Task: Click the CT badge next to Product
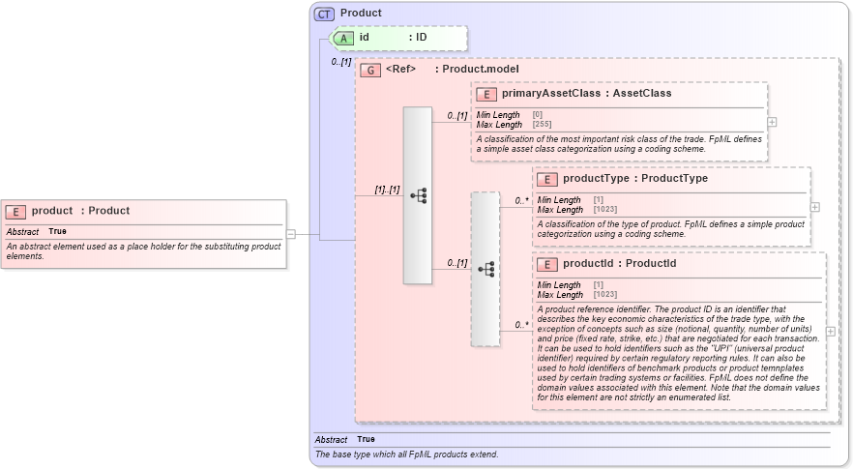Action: pos(325,14)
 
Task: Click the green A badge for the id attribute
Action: pos(344,38)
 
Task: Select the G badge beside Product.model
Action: pos(369,70)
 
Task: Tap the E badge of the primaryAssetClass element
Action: pos(485,94)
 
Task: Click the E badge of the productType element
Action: pos(546,179)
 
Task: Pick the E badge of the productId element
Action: pos(546,264)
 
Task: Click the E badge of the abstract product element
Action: pos(15,211)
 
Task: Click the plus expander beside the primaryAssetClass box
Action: pos(772,122)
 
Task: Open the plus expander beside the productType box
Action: pos(815,207)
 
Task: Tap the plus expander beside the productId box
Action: pos(830,331)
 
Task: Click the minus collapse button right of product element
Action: pos(291,233)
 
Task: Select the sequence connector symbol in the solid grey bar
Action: pos(418,195)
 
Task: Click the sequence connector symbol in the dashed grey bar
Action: pos(485,269)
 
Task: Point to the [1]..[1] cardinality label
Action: pos(387,190)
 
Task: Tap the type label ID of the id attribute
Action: pos(421,38)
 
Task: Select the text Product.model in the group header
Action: pos(481,70)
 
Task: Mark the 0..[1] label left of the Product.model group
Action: pos(340,62)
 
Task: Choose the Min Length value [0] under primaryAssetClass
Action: pos(537,115)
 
